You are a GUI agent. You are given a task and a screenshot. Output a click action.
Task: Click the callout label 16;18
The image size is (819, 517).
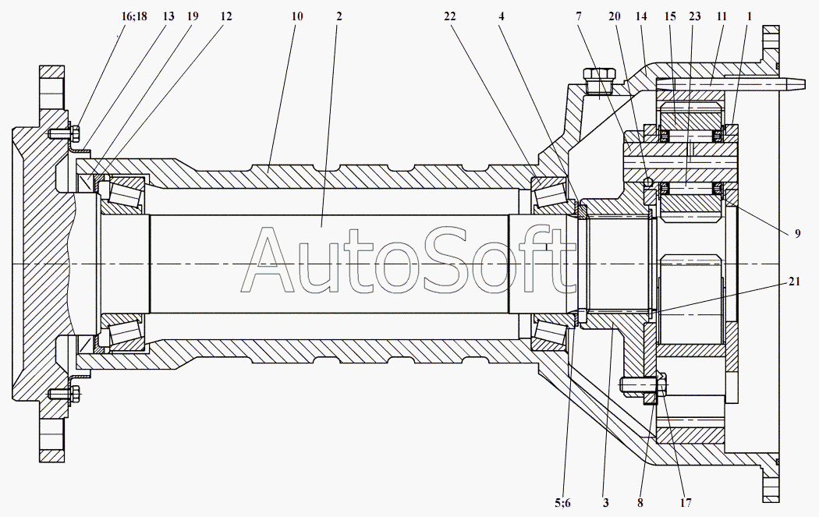pos(134,16)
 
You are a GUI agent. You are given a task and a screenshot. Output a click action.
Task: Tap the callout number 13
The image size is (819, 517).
pos(168,16)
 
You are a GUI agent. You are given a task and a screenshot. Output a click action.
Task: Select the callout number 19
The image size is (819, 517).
pos(192,16)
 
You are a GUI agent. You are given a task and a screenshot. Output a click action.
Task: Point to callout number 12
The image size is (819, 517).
pos(225,16)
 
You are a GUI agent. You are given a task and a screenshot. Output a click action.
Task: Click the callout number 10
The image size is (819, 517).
pos(296,16)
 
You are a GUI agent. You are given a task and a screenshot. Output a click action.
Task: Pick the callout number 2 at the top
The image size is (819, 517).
pos(339,16)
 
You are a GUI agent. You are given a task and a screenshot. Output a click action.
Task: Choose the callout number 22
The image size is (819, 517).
pos(450,16)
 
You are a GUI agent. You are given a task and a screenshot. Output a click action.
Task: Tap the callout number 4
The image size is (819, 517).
pos(502,16)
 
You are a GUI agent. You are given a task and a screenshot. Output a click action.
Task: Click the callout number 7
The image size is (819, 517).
pos(579,16)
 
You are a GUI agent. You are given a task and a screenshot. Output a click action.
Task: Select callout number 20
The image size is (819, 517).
pos(615,16)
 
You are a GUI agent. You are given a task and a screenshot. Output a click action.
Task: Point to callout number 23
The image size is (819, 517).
pos(695,16)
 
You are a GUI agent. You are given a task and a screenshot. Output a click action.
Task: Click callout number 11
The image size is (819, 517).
pos(721,16)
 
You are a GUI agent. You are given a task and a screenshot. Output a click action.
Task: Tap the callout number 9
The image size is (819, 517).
pos(798,233)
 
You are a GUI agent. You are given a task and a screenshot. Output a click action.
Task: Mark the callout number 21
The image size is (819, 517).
pos(794,282)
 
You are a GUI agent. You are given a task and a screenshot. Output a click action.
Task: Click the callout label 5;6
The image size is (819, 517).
pos(562,503)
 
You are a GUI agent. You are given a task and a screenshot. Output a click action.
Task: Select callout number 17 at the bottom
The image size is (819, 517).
pos(686,503)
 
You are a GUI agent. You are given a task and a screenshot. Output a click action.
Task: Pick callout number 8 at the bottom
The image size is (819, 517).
pos(640,503)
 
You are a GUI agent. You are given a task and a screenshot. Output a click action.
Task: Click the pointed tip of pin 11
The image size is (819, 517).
pos(805,83)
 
